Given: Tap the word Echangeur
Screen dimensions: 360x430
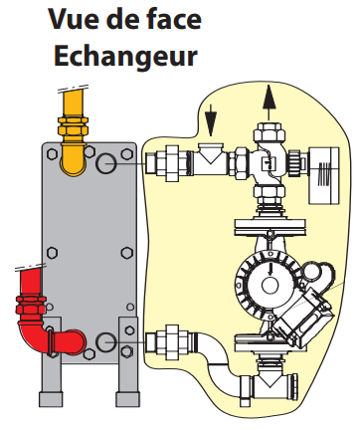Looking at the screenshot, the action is [x=125, y=57].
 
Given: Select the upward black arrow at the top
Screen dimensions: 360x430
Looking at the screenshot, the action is [x=269, y=102].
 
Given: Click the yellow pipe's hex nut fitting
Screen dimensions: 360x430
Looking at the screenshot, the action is [x=73, y=125].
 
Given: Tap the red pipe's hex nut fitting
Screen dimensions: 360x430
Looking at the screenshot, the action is [x=30, y=306].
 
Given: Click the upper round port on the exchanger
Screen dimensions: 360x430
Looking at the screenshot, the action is [x=106, y=163].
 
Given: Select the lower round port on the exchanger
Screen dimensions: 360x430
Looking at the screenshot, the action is [x=106, y=342].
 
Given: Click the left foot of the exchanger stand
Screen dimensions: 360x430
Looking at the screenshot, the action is [x=51, y=399].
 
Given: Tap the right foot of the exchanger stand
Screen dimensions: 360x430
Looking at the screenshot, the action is [x=127, y=399].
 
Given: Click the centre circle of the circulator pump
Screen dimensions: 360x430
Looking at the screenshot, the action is [x=270, y=286].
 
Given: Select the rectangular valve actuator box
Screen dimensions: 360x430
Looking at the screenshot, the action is [x=324, y=175].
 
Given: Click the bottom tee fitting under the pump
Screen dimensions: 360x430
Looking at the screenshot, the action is [x=268, y=386].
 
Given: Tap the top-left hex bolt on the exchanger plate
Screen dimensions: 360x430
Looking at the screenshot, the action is [x=52, y=154].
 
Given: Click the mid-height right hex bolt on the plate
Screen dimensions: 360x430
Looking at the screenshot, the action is [x=126, y=253].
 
